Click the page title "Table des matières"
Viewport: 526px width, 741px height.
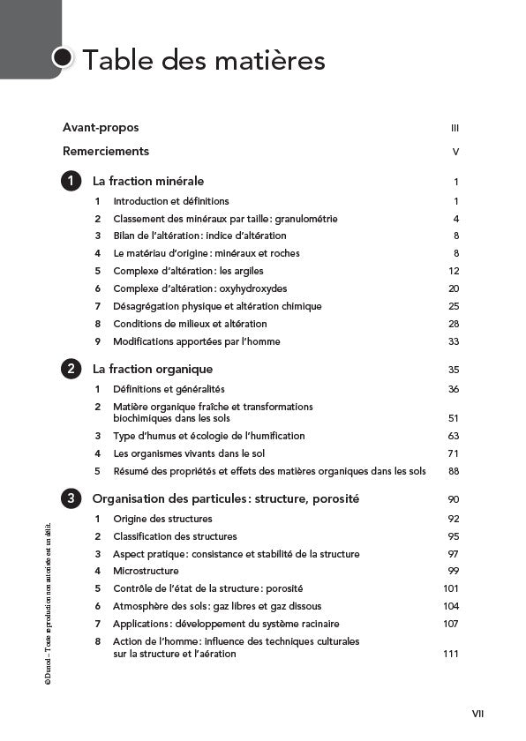pos(203,60)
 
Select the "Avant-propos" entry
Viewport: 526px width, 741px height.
pos(101,128)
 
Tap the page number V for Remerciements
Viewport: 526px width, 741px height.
pos(455,152)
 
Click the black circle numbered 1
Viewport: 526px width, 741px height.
pos(71,182)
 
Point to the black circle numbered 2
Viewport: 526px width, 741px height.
pos(71,370)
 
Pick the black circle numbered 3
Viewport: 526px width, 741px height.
pos(71,499)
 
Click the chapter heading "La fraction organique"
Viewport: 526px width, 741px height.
pos(152,370)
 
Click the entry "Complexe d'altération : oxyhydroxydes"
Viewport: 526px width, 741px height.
pos(199,288)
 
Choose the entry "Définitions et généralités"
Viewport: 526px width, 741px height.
pos(169,389)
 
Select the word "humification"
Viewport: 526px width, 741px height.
pos(275,436)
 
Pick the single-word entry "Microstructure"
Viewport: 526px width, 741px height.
pos(146,572)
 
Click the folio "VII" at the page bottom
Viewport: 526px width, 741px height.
pos(477,714)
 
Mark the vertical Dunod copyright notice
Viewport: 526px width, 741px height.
pos(48,600)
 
